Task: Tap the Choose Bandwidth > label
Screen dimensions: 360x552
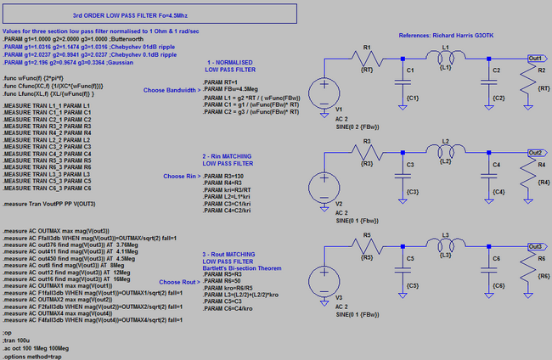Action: (171, 89)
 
